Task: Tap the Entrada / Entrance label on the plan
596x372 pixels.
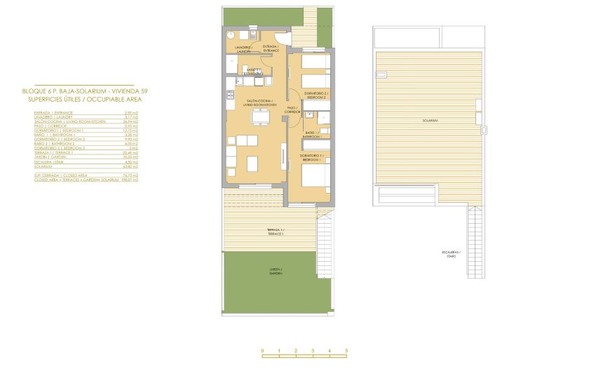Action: [x=271, y=48]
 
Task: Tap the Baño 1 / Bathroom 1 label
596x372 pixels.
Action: [x=312, y=134]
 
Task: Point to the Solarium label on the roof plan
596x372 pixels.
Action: [x=430, y=121]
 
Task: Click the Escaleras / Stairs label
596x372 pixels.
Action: [x=449, y=255]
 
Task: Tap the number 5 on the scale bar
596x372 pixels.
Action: [x=346, y=350]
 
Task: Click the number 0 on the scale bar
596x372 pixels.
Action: [x=262, y=350]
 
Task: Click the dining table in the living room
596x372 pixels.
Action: [x=259, y=119]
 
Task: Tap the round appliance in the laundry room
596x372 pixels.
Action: [x=231, y=34]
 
